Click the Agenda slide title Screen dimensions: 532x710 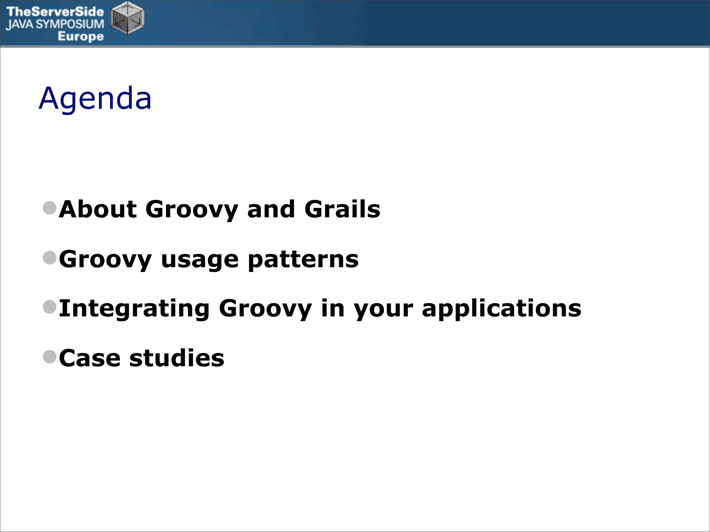pos(95,99)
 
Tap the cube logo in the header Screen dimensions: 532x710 pos(127,18)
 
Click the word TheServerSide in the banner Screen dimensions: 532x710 pos(55,11)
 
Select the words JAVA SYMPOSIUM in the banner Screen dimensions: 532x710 pos(55,24)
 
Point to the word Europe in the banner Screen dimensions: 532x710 pos(80,36)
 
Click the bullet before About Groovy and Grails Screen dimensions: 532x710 pos(50,208)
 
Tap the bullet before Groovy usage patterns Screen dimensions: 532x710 pos(50,258)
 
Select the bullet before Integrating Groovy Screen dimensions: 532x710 pos(50,307)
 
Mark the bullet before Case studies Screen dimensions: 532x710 pos(50,357)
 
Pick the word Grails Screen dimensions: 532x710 pos(342,209)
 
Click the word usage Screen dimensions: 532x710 pos(200,260)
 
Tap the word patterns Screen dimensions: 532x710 pos(303,260)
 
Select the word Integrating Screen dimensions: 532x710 pos(134,309)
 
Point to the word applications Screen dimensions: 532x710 pos(501,309)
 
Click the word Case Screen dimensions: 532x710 pos(90,358)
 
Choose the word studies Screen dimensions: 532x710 pos(176,358)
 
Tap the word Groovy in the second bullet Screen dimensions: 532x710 pos(105,260)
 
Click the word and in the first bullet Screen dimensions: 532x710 pos(271,209)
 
